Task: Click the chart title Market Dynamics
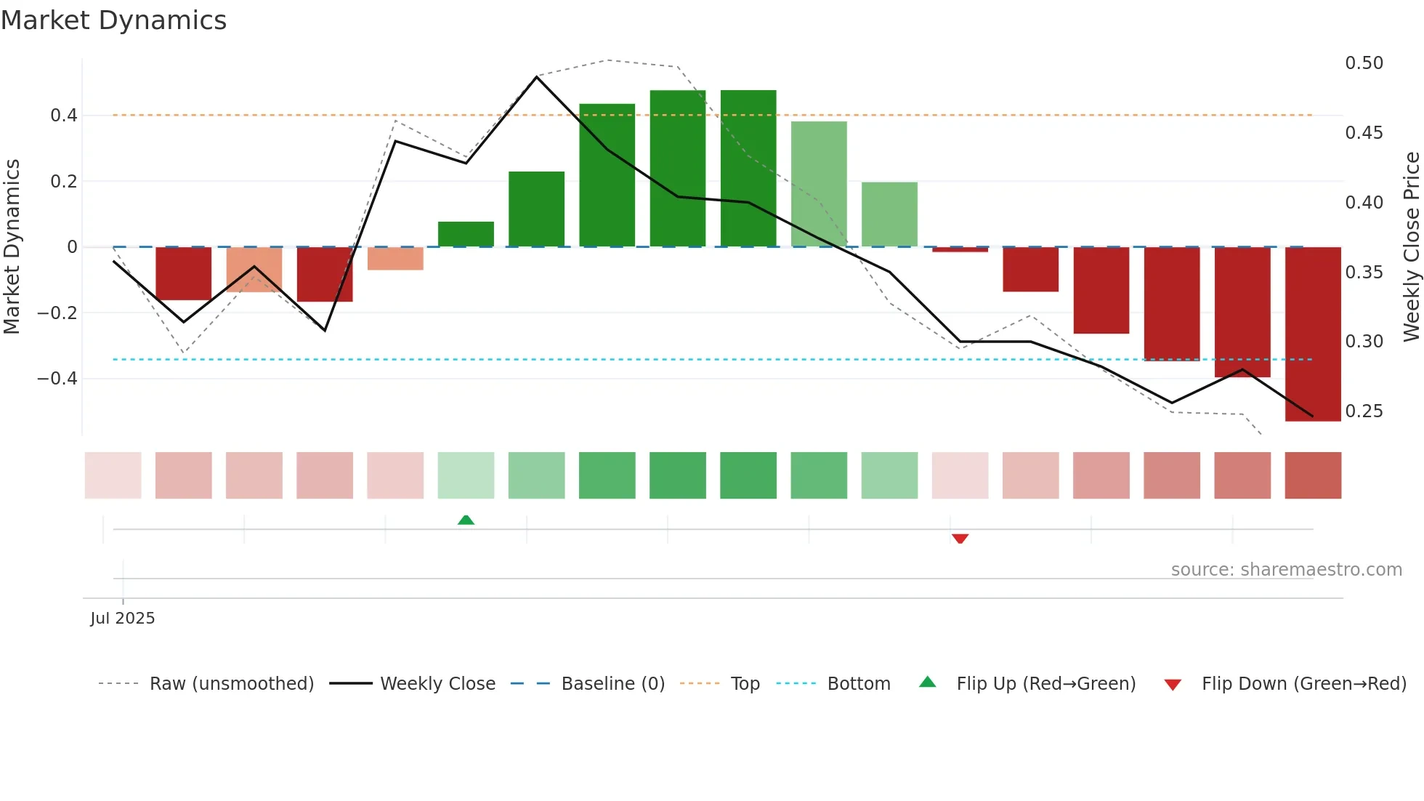[x=113, y=20]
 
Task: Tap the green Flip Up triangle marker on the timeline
[x=466, y=520]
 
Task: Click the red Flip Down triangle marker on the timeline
[x=960, y=539]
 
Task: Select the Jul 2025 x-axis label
[x=123, y=618]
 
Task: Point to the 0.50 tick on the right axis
[x=1364, y=63]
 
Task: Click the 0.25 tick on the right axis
[x=1364, y=411]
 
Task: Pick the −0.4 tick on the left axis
[x=57, y=379]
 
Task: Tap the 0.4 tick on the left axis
[x=63, y=116]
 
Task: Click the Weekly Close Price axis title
[x=1411, y=246]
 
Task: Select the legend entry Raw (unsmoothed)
[x=231, y=684]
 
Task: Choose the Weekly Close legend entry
[x=437, y=684]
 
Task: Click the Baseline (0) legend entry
[x=612, y=684]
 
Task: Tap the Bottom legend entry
[x=858, y=684]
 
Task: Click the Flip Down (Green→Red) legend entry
[x=1303, y=684]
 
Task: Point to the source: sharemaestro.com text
[x=1286, y=570]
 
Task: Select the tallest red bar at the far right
[x=1313, y=334]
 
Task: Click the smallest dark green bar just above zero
[x=466, y=234]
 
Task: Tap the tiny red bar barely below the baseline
[x=960, y=249]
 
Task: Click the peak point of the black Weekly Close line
[x=537, y=76]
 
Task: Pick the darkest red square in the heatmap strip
[x=1313, y=475]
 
